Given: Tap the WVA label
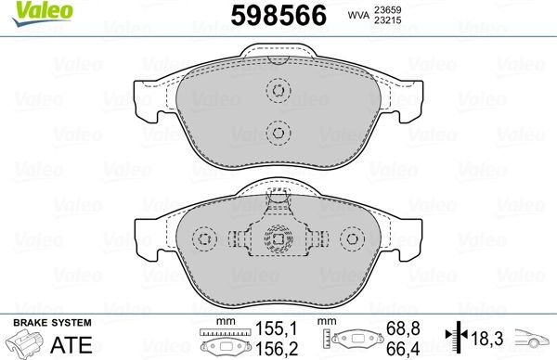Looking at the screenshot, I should [385, 15].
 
